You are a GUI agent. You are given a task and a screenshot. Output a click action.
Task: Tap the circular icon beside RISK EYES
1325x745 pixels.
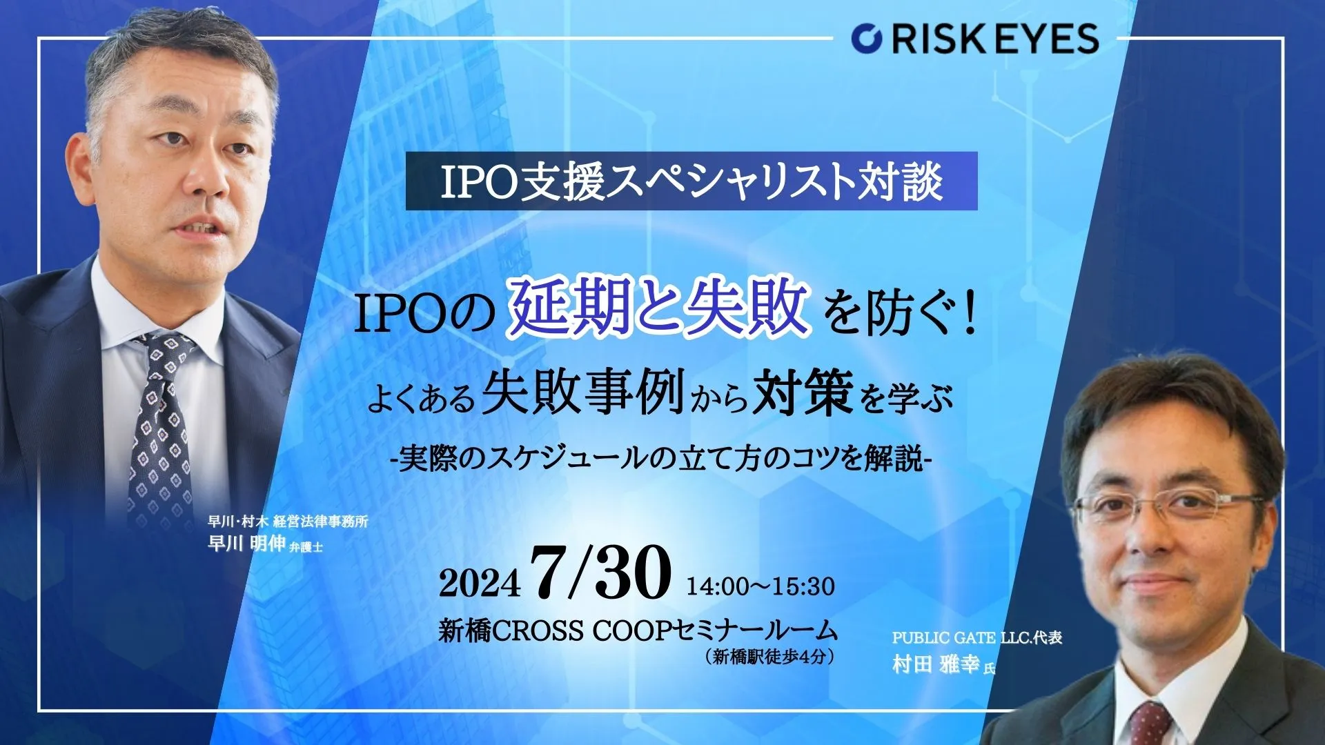tap(866, 39)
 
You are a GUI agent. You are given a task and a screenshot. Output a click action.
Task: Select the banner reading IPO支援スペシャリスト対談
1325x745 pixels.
tap(691, 181)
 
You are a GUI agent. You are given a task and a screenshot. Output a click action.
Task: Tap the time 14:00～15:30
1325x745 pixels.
tap(760, 586)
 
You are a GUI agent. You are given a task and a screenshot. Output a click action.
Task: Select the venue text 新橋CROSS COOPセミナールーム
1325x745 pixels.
tap(638, 630)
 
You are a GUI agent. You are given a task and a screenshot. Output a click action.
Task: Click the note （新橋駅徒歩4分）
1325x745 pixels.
tap(770, 657)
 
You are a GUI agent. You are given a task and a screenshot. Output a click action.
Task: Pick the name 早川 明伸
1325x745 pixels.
tap(246, 544)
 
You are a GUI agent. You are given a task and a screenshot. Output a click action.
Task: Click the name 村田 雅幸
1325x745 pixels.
tap(935, 665)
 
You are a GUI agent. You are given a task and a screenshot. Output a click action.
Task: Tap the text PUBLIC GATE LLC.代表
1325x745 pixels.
tap(976, 638)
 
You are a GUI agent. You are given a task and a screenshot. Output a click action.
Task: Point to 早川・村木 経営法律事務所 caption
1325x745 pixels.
tap(288, 521)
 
